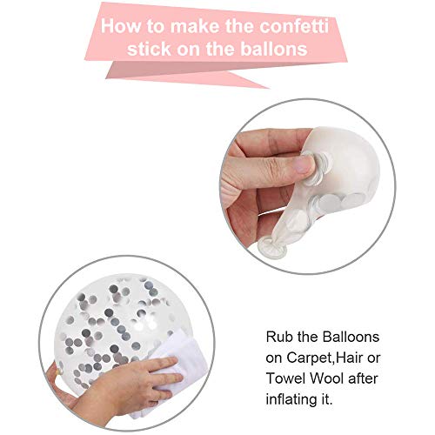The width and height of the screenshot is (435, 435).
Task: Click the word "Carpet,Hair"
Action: coord(320,355)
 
